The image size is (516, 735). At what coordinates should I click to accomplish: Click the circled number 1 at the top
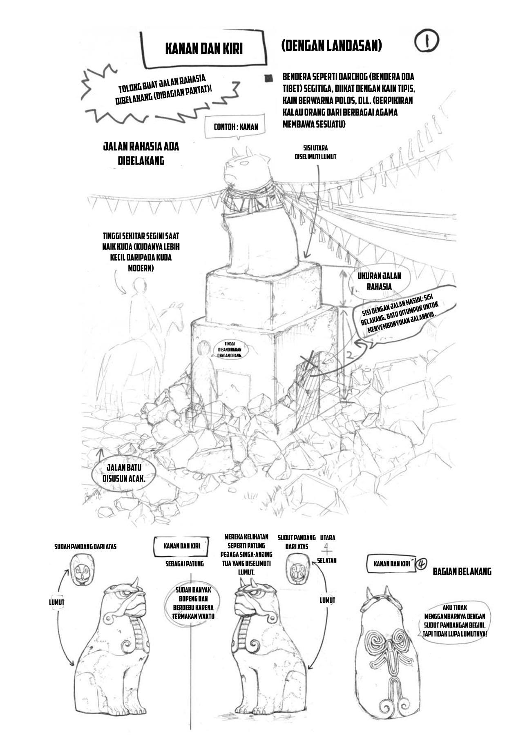(x=427, y=42)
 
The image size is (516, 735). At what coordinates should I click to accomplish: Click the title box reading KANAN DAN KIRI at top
(x=204, y=49)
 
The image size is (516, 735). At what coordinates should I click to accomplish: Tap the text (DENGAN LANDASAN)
(x=331, y=46)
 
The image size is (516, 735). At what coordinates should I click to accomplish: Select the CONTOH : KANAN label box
(x=236, y=127)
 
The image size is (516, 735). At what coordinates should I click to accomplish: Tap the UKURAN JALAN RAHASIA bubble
(x=379, y=281)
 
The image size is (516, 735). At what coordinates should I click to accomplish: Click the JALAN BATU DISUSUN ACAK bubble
(x=125, y=472)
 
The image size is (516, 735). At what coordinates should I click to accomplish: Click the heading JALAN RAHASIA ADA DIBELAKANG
(x=141, y=154)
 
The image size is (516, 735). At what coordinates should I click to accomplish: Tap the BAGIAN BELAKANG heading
(x=462, y=572)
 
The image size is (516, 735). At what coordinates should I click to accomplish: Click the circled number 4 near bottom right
(x=421, y=565)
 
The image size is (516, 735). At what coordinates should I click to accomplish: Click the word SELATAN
(x=327, y=561)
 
